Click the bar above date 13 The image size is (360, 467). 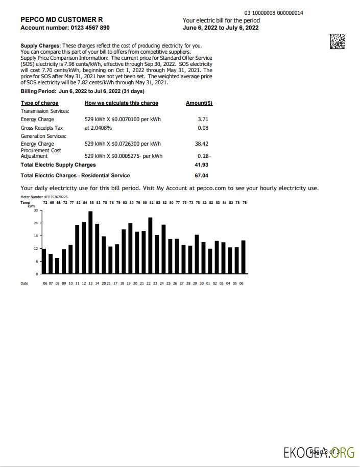click(90, 243)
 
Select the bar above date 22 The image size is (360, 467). click(150, 246)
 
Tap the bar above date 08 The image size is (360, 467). click(57, 266)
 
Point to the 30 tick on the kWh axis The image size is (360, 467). click(36, 211)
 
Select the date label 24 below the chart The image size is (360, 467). click(162, 283)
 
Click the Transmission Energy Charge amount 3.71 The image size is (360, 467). click(203, 120)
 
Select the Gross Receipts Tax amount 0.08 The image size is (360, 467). click(203, 128)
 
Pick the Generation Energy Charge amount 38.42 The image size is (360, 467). click(201, 144)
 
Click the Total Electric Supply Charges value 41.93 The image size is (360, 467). click(201, 165)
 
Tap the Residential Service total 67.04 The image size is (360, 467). click(201, 176)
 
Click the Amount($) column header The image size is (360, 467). click(199, 103)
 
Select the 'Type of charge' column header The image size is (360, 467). click(39, 103)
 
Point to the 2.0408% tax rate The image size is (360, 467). click(98, 128)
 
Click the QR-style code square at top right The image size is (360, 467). click(337, 41)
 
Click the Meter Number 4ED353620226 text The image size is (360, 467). click(44, 196)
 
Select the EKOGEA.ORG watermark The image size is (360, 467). click(319, 452)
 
